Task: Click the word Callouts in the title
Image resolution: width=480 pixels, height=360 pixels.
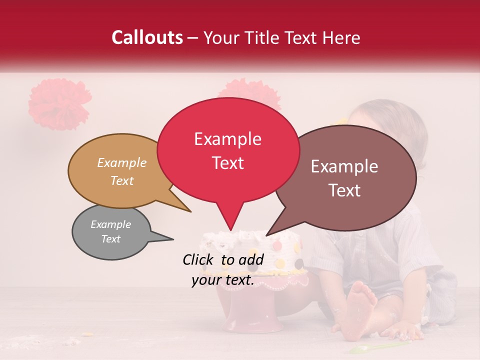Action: pyautogui.click(x=147, y=37)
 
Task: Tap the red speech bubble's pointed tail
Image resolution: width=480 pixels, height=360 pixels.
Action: pyautogui.click(x=230, y=225)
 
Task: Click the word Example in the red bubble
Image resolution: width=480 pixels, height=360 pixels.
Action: pyautogui.click(x=227, y=139)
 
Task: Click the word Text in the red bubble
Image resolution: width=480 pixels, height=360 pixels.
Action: pyautogui.click(x=227, y=163)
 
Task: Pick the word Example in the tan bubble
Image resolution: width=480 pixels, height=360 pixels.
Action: pyautogui.click(x=121, y=163)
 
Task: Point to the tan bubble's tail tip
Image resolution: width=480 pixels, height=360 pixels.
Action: pyautogui.click(x=190, y=211)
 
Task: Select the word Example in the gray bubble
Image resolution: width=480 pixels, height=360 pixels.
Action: pyautogui.click(x=110, y=224)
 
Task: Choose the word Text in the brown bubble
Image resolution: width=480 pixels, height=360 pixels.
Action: pyautogui.click(x=345, y=190)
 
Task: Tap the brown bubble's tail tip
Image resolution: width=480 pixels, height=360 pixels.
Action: pyautogui.click(x=267, y=235)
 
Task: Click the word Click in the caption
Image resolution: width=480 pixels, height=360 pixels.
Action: pyautogui.click(x=199, y=259)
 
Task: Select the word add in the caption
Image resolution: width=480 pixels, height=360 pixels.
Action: pyautogui.click(x=250, y=259)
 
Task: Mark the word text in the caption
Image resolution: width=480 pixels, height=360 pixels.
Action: pyautogui.click(x=236, y=280)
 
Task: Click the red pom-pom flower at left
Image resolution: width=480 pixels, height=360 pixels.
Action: pyautogui.click(x=59, y=103)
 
